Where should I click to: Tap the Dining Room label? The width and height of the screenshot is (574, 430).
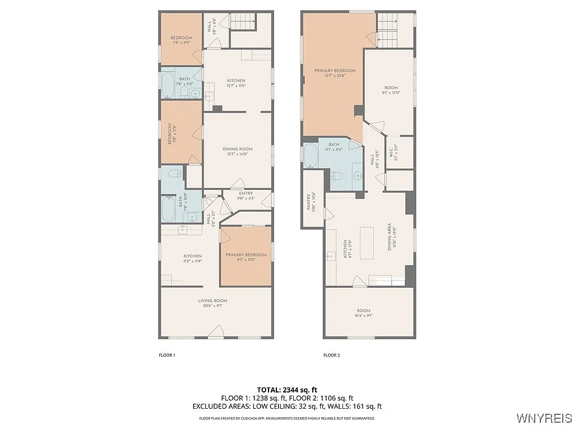(x=237, y=152)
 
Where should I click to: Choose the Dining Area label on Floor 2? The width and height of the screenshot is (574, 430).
(x=391, y=235)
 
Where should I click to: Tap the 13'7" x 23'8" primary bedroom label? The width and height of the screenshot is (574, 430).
(x=335, y=73)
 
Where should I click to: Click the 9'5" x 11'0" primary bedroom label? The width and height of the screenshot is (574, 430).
(x=246, y=258)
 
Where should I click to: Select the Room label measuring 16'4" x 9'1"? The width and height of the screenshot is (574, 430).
(x=364, y=313)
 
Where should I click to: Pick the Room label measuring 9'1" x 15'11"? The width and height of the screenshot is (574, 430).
(x=390, y=90)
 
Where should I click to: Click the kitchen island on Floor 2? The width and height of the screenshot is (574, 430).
(x=367, y=243)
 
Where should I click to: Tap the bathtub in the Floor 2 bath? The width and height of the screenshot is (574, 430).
(x=311, y=156)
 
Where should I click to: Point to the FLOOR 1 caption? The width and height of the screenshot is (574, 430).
(x=167, y=355)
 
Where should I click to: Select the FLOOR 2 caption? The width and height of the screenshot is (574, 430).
(x=331, y=355)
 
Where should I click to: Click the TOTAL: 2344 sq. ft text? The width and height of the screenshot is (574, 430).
(x=287, y=389)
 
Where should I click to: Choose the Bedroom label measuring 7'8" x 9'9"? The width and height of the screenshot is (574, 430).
(x=181, y=40)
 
